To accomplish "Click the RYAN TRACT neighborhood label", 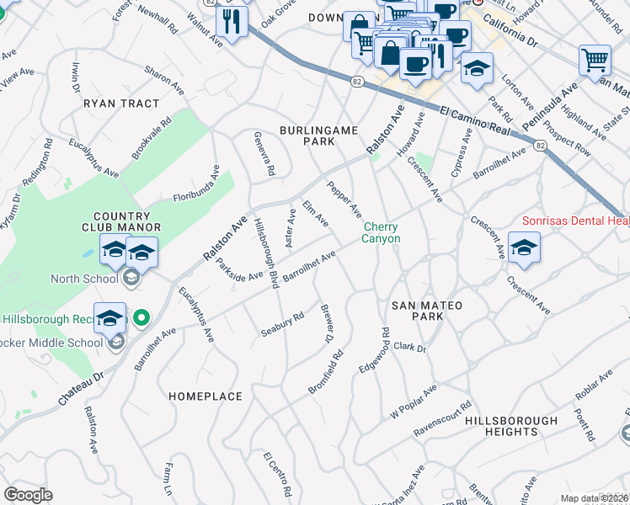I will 121,104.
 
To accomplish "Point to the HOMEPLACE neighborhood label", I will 206,396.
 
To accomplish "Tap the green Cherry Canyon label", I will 382,232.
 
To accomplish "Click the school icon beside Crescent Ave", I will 524,248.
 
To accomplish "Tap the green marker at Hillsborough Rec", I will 141,318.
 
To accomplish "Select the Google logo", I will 28,495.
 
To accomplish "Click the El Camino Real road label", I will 476,120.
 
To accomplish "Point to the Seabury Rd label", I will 282,323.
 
